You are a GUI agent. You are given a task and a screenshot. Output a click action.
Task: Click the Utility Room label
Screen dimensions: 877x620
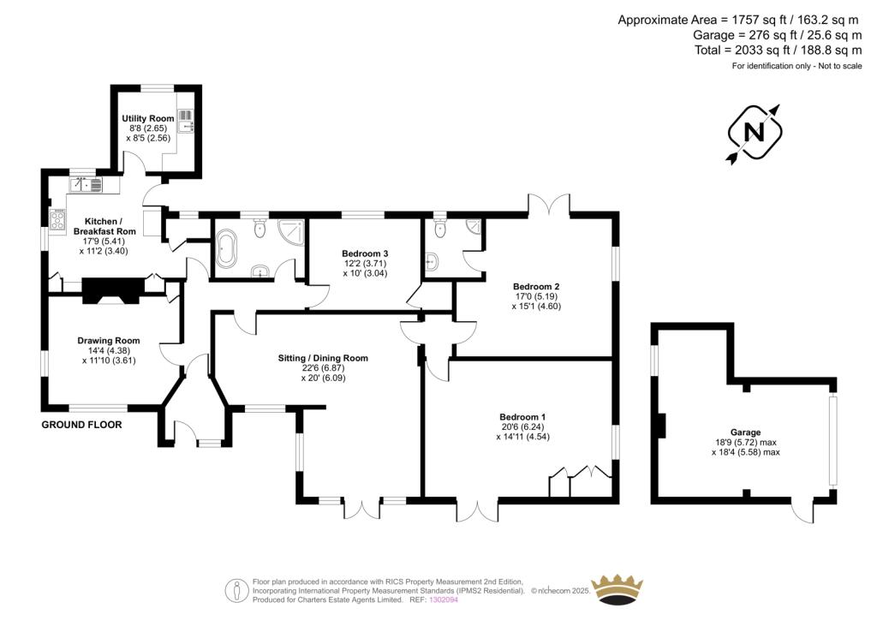148,118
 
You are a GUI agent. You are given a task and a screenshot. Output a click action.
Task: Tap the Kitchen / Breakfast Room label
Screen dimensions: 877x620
104,226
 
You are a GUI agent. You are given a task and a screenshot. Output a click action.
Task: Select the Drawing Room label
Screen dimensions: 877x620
109,341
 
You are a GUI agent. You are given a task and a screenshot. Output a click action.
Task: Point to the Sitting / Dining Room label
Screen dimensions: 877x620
323,358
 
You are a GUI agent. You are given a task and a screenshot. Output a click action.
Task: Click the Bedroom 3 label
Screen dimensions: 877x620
365,253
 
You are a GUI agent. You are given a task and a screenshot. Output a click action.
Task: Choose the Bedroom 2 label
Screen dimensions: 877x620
536,287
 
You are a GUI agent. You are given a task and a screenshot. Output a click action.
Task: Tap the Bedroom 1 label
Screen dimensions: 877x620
522,417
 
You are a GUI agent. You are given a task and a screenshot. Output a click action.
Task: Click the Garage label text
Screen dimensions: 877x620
746,432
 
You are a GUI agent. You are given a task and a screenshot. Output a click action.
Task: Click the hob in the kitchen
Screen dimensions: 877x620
57,219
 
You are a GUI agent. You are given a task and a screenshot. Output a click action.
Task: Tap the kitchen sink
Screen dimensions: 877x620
87,184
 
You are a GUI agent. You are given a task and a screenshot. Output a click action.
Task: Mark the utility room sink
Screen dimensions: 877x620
186,122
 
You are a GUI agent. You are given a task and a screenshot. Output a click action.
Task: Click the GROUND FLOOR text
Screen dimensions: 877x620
81,425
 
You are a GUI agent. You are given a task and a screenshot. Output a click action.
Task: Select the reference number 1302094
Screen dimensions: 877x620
443,599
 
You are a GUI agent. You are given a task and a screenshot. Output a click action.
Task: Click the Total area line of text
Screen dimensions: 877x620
778,51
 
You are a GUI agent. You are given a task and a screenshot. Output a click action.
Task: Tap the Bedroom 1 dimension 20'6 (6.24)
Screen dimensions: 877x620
522,426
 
